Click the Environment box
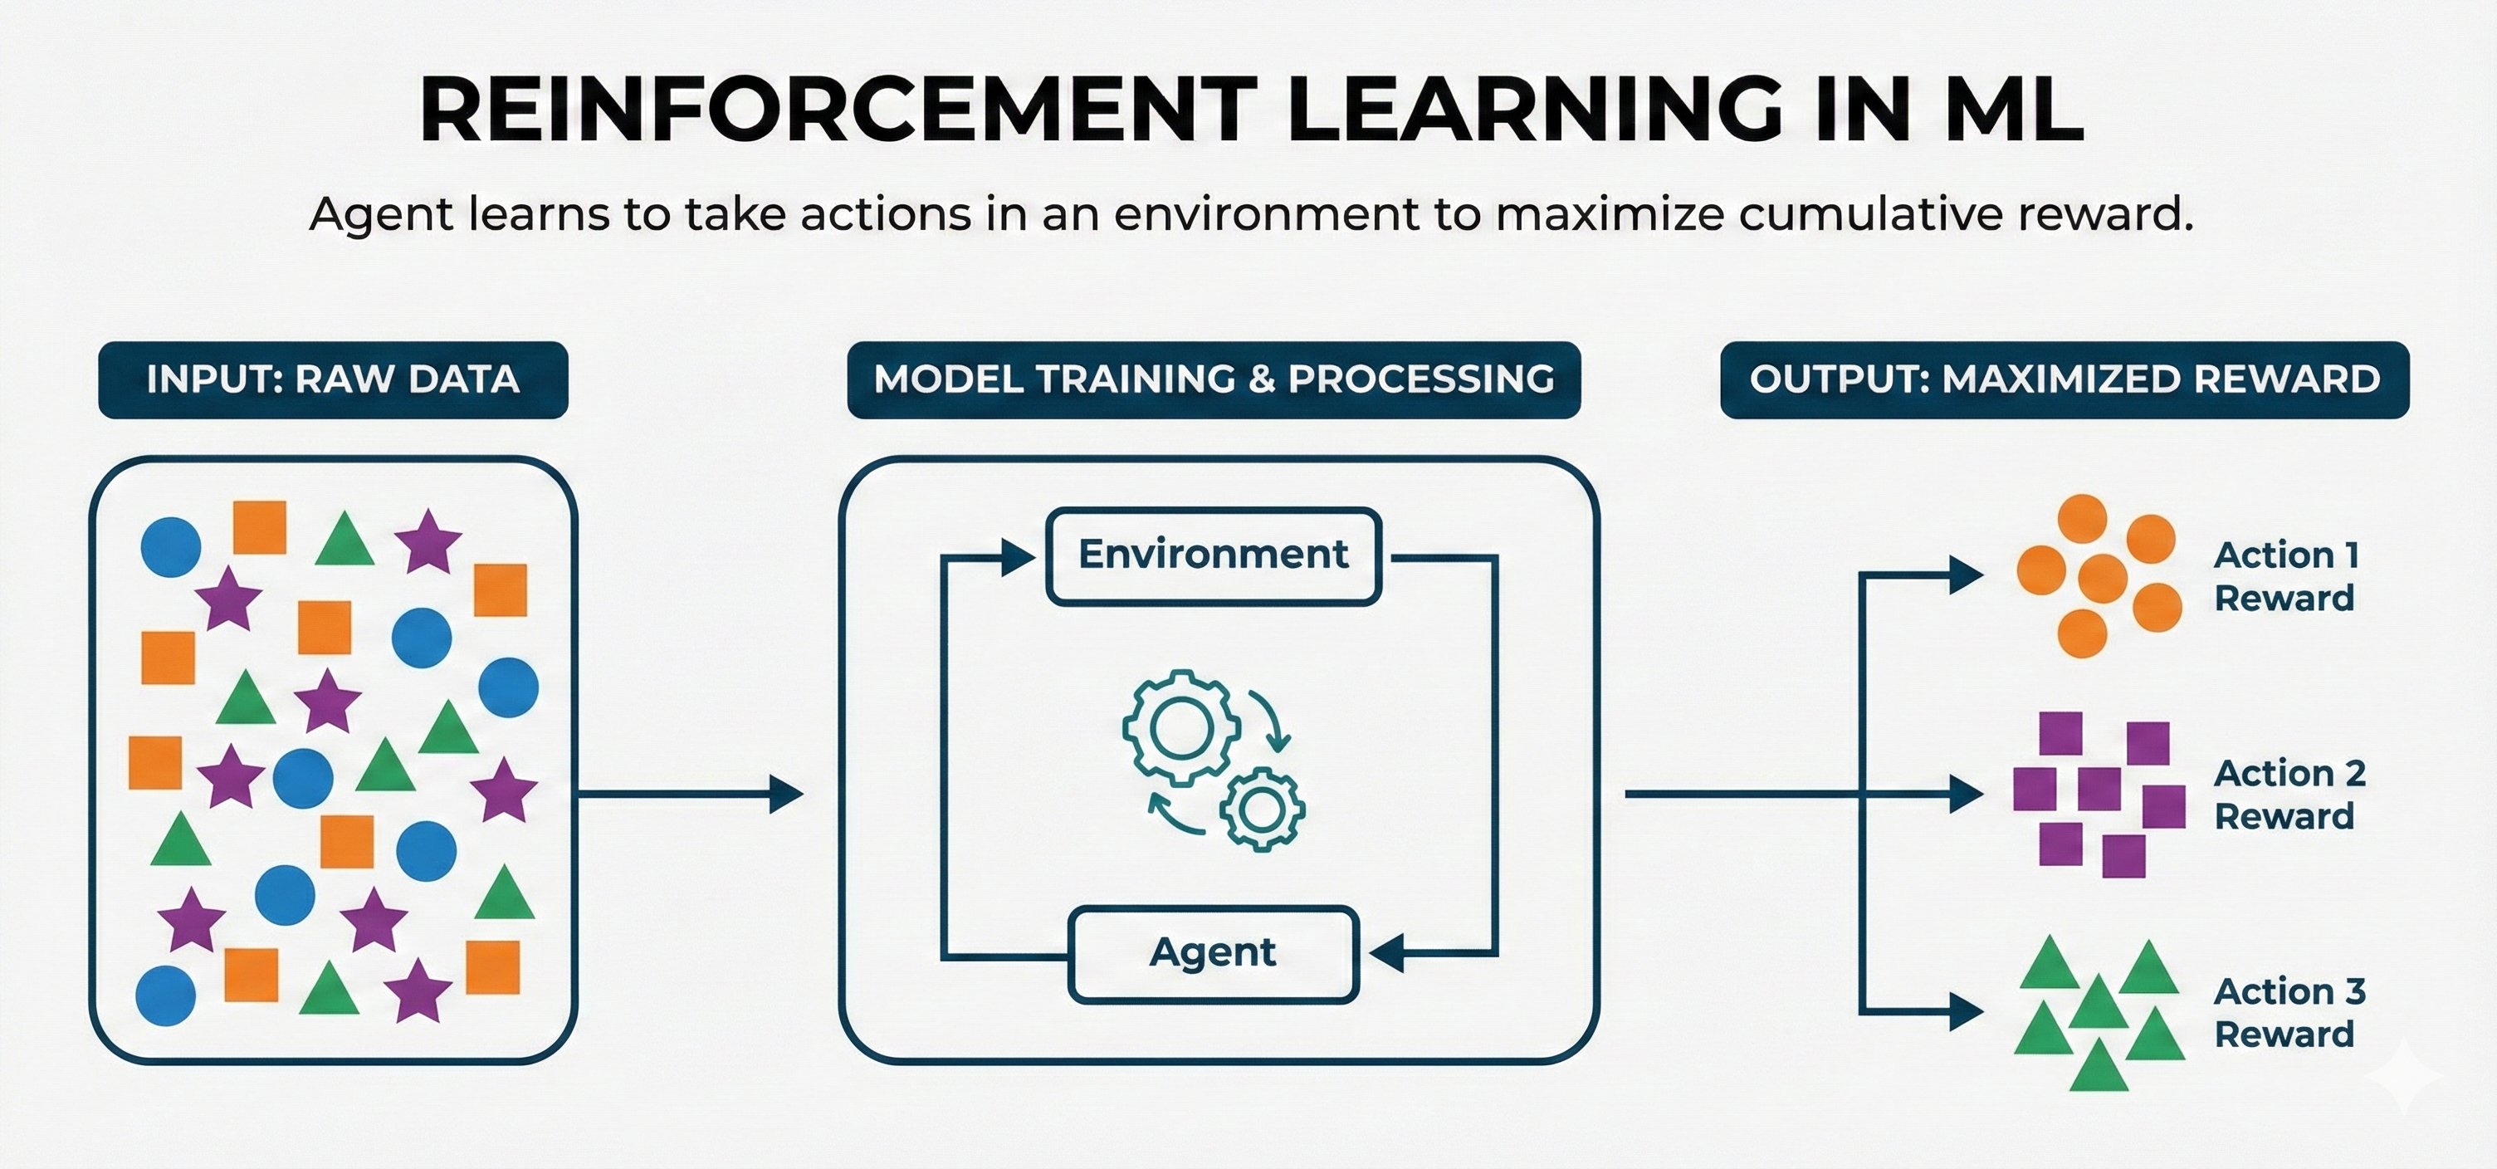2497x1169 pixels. point(1214,556)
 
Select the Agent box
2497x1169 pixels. point(1213,954)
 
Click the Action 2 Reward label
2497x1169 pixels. point(2289,795)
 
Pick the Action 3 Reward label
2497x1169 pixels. point(2289,1013)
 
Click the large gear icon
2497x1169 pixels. point(1180,727)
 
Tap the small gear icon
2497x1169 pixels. point(1262,809)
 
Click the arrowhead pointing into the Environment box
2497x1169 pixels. point(1018,557)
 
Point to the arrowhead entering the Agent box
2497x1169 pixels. point(1387,954)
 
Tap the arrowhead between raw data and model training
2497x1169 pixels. point(786,794)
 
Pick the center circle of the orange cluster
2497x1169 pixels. point(2104,578)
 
